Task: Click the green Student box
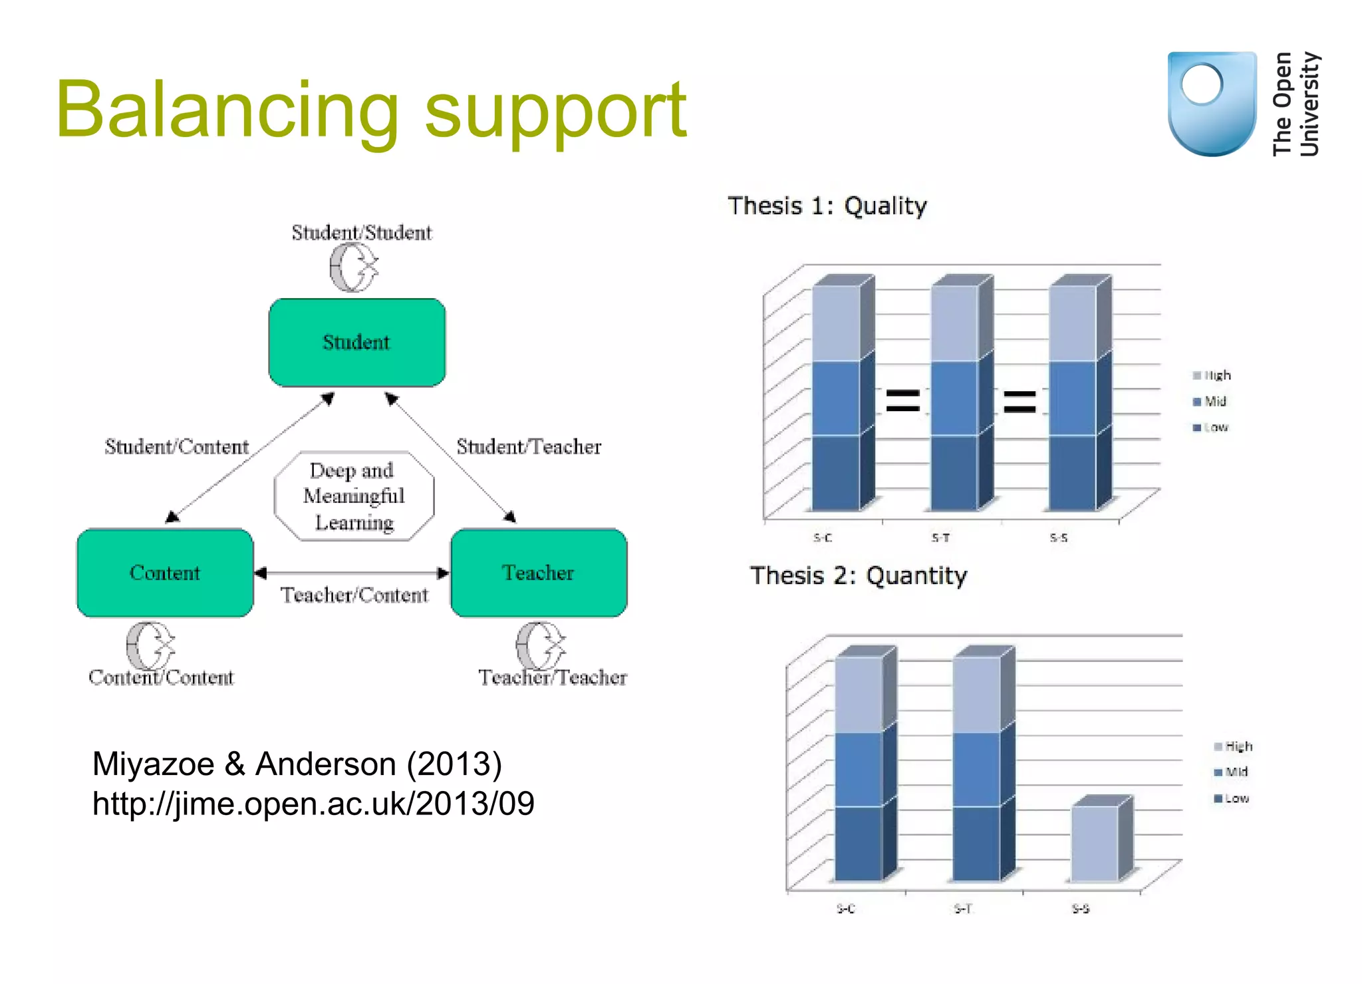(357, 342)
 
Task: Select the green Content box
(165, 573)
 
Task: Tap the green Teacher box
(539, 573)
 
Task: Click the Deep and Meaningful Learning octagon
(354, 496)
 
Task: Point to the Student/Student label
(362, 233)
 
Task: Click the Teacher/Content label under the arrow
(354, 595)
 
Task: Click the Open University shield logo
(1212, 104)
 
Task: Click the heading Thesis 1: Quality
(827, 206)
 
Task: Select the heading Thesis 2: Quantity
(858, 575)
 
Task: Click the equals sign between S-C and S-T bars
(902, 401)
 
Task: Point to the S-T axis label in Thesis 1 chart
(940, 538)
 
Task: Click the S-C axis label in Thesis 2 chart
(845, 909)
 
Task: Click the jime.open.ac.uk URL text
(313, 804)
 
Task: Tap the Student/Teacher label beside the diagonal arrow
(529, 446)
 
